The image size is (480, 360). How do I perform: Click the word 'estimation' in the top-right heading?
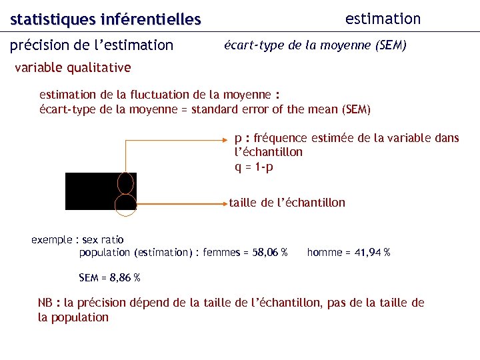tap(383, 19)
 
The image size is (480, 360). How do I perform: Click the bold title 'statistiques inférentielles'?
tap(105, 20)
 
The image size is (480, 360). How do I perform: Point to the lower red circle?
tap(125, 204)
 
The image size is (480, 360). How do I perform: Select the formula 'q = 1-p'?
tap(253, 167)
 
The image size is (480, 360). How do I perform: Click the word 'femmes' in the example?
tap(218, 253)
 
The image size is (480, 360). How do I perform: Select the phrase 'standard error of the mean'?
tap(265, 109)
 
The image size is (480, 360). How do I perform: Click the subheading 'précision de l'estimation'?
tap(92, 45)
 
